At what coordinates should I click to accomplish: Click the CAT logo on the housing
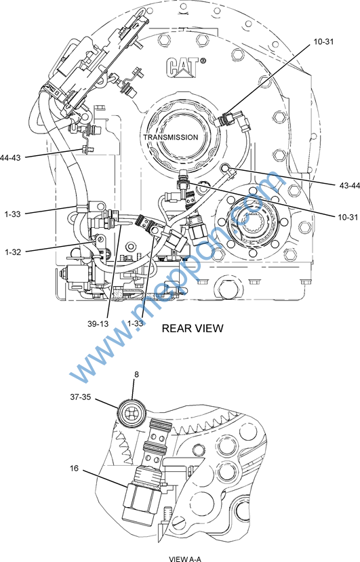pos(182,67)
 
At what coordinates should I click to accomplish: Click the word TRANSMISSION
pos(171,137)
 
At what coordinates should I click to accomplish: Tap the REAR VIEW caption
pos(193,328)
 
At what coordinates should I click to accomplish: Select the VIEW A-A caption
pos(185,559)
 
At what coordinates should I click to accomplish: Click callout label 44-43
pos(10,157)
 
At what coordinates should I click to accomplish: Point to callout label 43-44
pos(349,185)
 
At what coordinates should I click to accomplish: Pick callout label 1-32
pos(13,252)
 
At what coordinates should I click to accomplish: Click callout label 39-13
pos(98,323)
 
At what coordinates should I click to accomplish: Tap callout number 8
pos(136,374)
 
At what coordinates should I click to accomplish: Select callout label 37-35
pos(81,397)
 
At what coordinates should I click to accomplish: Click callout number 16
pos(74,468)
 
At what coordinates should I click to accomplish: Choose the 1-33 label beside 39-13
pos(135,323)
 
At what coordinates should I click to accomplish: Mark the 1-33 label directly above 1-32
pos(13,214)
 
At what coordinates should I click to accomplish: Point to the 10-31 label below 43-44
pos(347,217)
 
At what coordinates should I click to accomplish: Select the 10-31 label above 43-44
pos(323,41)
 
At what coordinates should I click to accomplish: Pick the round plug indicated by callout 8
pos(132,414)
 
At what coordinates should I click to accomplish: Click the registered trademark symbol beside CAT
pos(203,61)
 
